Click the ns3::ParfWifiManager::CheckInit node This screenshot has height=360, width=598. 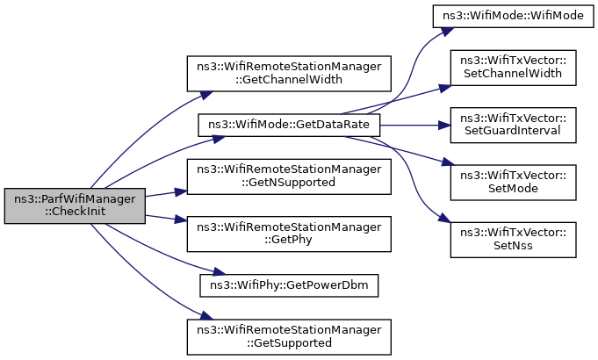(x=75, y=205)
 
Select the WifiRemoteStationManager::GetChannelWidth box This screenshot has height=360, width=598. (x=289, y=74)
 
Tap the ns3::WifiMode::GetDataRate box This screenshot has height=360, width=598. (x=289, y=125)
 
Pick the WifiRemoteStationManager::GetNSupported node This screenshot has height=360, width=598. (x=289, y=176)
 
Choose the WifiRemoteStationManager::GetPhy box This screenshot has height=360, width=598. (x=289, y=234)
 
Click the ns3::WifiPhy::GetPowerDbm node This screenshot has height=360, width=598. (x=289, y=285)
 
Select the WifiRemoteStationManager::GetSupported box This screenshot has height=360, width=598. (x=289, y=337)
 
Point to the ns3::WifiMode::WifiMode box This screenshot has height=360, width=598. (x=514, y=16)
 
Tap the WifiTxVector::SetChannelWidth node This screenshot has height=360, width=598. (x=514, y=68)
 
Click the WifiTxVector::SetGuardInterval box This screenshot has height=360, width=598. (x=514, y=125)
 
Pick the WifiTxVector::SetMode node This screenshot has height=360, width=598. (x=514, y=183)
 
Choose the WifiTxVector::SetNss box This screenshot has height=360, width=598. (x=514, y=240)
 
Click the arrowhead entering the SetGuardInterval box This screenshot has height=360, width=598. (x=444, y=125)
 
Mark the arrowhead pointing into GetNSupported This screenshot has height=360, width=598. (x=181, y=191)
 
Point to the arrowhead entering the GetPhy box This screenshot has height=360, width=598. (x=181, y=220)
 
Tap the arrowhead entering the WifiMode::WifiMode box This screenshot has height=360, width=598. (x=449, y=31)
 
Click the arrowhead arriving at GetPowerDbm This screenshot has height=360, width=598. (x=220, y=272)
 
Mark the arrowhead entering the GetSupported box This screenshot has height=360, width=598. (x=206, y=316)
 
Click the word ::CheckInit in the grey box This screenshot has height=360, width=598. (x=75, y=212)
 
